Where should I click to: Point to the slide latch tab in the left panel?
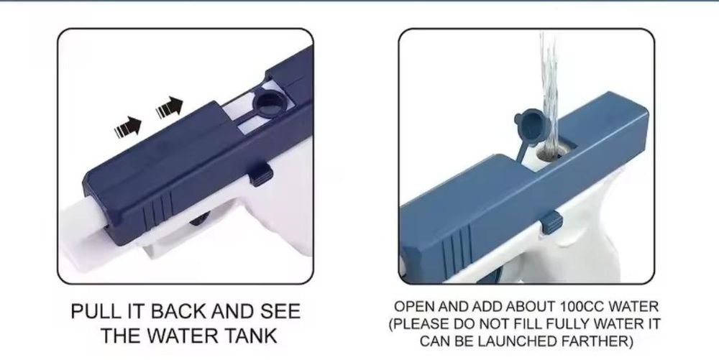coord(262,173)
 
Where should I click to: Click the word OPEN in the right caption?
coord(416,307)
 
